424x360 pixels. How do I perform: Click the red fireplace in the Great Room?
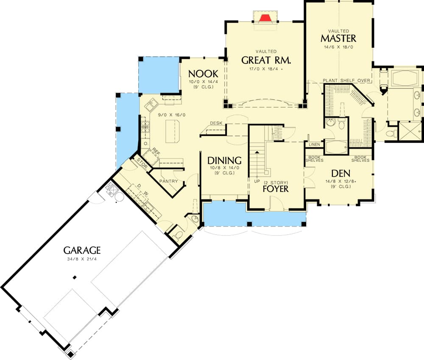point(265,18)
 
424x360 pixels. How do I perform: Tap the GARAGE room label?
point(82,250)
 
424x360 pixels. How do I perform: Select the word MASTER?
point(338,39)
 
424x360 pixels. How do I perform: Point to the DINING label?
point(224,161)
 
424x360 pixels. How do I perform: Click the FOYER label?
point(275,188)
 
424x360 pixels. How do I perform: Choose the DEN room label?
point(340,173)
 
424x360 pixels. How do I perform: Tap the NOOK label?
point(203,73)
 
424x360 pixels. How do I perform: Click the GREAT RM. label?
point(266,60)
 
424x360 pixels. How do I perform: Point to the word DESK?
point(216,123)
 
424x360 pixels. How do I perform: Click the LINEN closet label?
point(314,144)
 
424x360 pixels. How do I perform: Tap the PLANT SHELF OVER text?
point(347,80)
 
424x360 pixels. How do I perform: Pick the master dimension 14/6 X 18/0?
point(338,47)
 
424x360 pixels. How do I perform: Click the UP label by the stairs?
point(257,181)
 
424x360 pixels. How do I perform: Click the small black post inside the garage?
point(75,277)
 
